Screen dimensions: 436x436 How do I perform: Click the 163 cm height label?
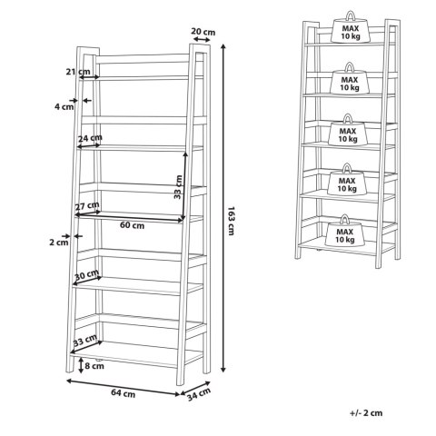pyautogui.click(x=231, y=221)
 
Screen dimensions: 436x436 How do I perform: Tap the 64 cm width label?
pyautogui.click(x=123, y=393)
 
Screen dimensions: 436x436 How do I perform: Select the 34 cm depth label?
pyautogui.click(x=199, y=394)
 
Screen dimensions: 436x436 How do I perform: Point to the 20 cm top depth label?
pyautogui.click(x=203, y=32)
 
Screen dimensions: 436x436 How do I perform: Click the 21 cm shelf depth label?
pyautogui.click(x=78, y=72)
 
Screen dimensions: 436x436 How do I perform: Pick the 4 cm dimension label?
pyautogui.click(x=64, y=106)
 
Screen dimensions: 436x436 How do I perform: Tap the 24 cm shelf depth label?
pyautogui.click(x=90, y=138)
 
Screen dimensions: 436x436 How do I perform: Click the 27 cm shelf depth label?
pyautogui.click(x=87, y=206)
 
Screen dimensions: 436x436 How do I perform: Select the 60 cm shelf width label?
pyautogui.click(x=132, y=225)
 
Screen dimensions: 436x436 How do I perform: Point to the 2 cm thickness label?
pyautogui.click(x=59, y=243)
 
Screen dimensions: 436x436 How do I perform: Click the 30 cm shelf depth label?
pyautogui.click(x=87, y=274)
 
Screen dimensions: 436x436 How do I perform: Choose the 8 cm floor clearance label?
pyautogui.click(x=94, y=366)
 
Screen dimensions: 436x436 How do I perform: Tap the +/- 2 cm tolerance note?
pyautogui.click(x=366, y=413)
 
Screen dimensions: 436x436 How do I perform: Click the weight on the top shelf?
pyautogui.click(x=351, y=28)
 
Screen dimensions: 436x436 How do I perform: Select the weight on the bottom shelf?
pyautogui.click(x=344, y=232)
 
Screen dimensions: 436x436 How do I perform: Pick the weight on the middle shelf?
pyautogui.click(x=348, y=131)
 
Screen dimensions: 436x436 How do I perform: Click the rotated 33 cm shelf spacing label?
pyautogui.click(x=178, y=187)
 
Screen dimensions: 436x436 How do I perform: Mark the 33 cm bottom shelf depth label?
pyautogui.click(x=85, y=341)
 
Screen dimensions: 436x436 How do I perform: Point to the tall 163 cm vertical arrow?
pyautogui.click(x=223, y=208)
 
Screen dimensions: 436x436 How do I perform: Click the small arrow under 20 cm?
pyautogui.click(x=202, y=39)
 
